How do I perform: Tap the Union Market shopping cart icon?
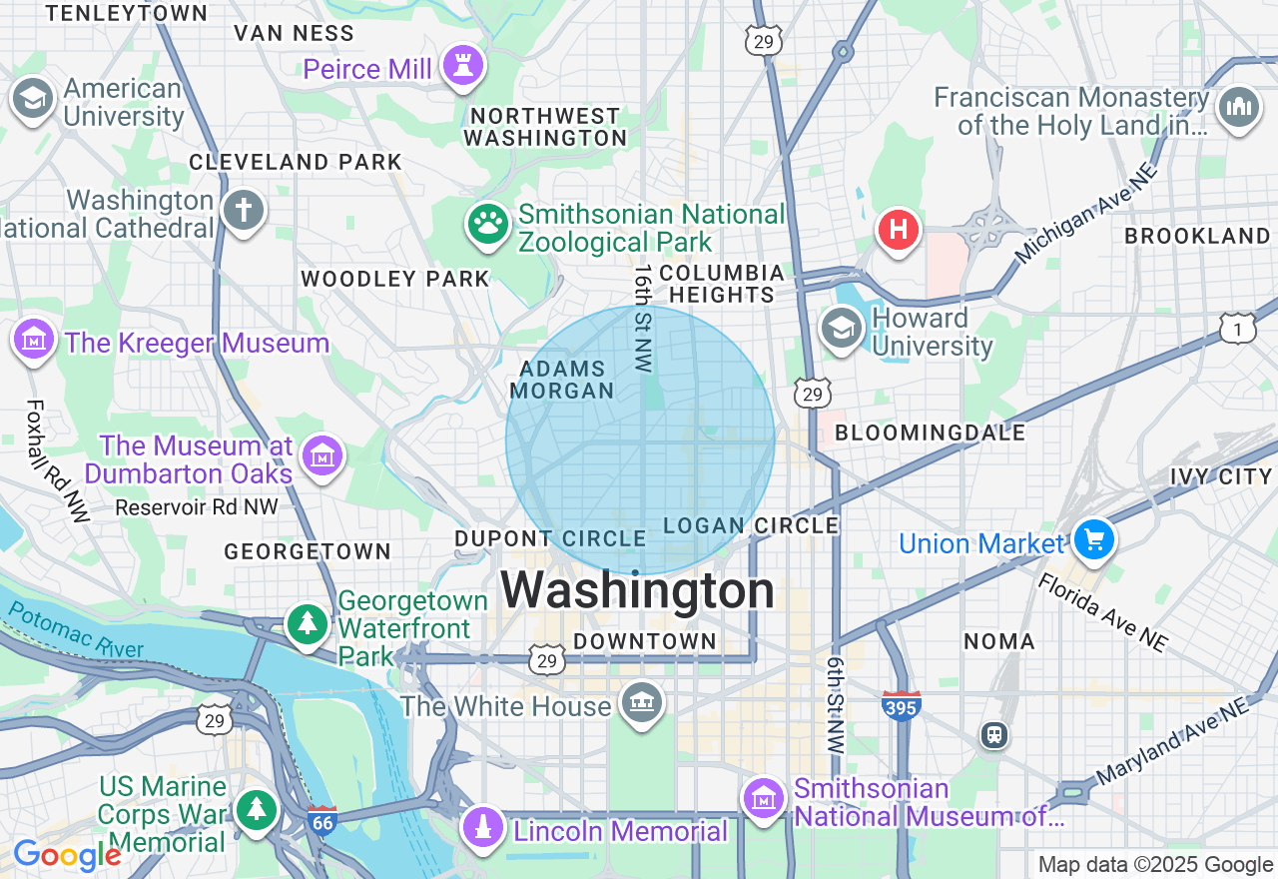click(1094, 539)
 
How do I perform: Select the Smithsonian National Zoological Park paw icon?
click(487, 225)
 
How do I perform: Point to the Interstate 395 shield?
click(901, 705)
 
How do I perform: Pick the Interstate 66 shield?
click(322, 820)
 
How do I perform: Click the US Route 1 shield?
click(1238, 328)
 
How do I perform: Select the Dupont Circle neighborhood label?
click(550, 538)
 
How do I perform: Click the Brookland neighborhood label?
click(1196, 236)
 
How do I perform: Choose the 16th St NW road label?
click(643, 318)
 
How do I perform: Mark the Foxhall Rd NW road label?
click(55, 460)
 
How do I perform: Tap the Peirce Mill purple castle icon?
click(463, 66)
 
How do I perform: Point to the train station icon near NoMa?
click(994, 736)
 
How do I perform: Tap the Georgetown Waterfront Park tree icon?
click(309, 624)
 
